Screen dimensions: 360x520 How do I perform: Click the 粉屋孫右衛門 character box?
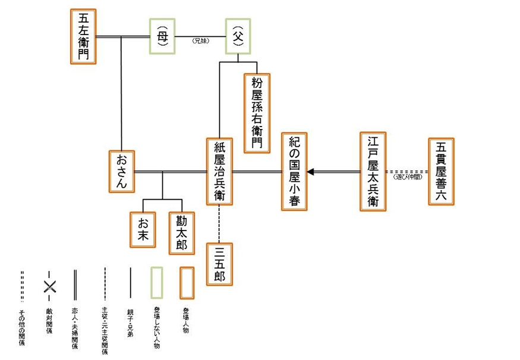tap(257, 112)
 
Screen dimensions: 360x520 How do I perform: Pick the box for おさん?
tap(122, 171)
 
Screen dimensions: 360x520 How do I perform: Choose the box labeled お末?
tap(143, 229)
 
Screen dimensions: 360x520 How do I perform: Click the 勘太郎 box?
tap(182, 229)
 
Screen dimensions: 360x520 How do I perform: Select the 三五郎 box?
tap(219, 263)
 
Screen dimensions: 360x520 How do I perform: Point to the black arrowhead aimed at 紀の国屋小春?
tap(310, 172)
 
